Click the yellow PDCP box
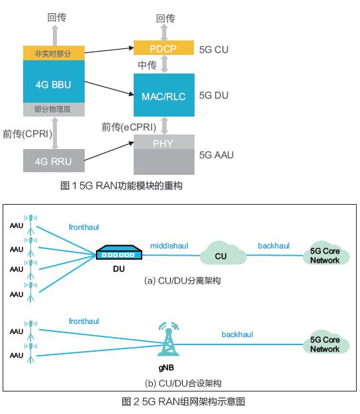tap(163, 48)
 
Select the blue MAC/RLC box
tap(164, 95)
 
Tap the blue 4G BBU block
tap(54, 81)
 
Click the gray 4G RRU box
tap(54, 160)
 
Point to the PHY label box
tap(164, 142)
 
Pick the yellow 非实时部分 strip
tap(54, 53)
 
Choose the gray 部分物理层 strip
tap(54, 109)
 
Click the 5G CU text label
tap(214, 50)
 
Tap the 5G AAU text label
tap(216, 155)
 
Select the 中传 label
tap(147, 65)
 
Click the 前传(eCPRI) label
tap(129, 127)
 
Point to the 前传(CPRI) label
tap(27, 134)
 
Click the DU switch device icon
tap(118, 252)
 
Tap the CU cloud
tap(223, 253)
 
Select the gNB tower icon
tap(168, 339)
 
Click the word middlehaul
tap(169, 246)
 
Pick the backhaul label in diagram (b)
tap(237, 335)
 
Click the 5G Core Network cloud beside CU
tap(326, 254)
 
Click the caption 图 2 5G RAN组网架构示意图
tap(183, 401)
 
